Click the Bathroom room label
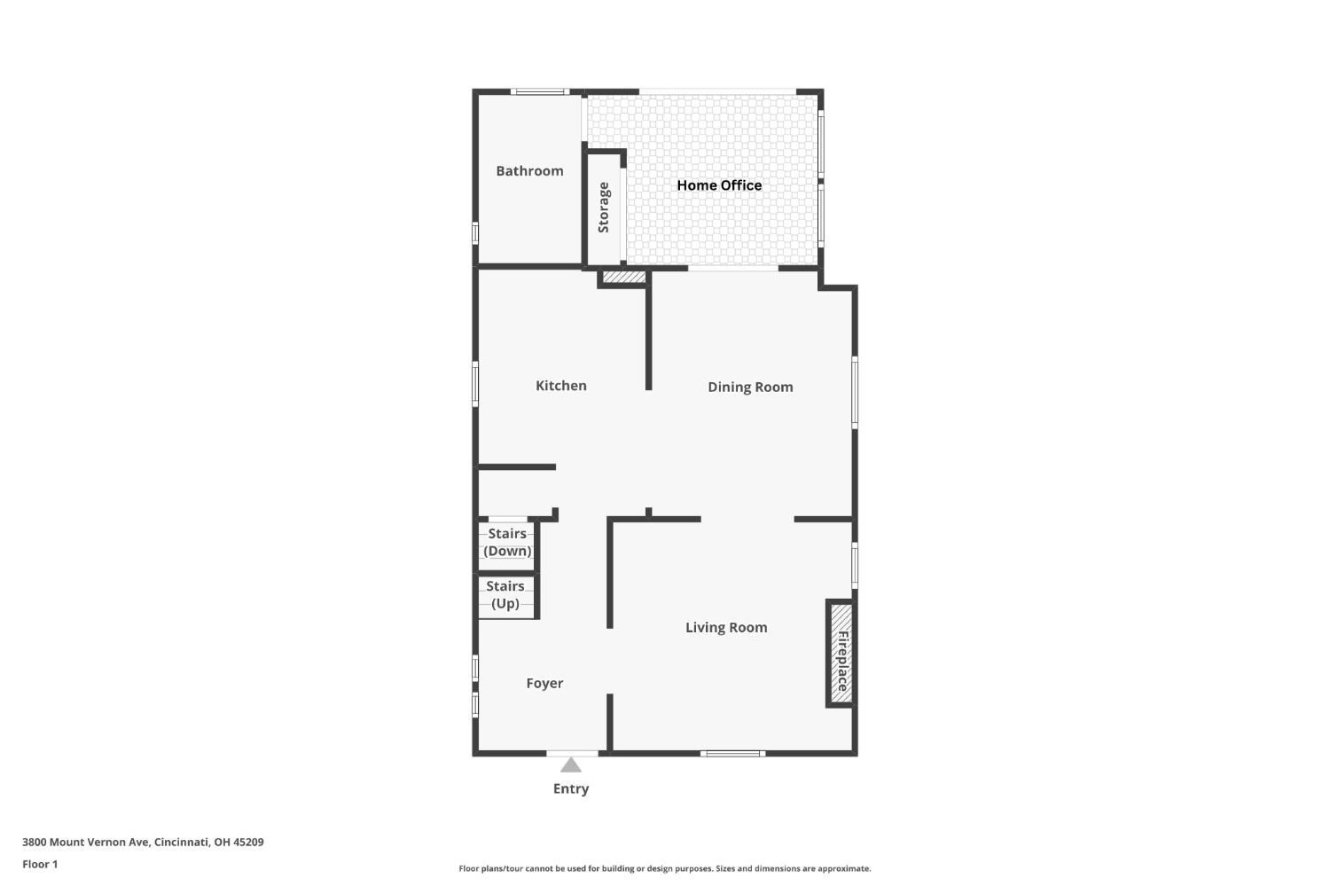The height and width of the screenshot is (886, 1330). point(529,171)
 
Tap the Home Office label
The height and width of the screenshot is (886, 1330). point(719,185)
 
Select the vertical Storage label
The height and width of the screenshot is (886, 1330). point(603,208)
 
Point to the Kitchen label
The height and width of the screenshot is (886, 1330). point(561,386)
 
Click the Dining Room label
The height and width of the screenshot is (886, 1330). point(750,388)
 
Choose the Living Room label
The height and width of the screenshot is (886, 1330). point(726,627)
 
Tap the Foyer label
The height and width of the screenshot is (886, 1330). point(544,684)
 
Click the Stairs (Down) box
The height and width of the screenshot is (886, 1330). point(506,546)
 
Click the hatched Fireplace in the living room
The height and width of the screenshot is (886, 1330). point(841,654)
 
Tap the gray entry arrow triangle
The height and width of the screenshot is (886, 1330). point(571,764)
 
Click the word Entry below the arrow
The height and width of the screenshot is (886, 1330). point(571,788)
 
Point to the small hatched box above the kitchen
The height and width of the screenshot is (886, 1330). point(624,278)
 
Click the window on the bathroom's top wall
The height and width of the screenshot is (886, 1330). point(540,91)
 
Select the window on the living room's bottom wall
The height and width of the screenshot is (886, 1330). point(732,754)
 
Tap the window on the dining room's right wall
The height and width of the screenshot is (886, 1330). point(855,393)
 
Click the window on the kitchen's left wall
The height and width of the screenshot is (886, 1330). point(475,384)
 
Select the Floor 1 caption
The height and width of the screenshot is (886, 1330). point(40,864)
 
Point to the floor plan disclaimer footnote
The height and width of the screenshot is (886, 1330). point(664,868)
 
